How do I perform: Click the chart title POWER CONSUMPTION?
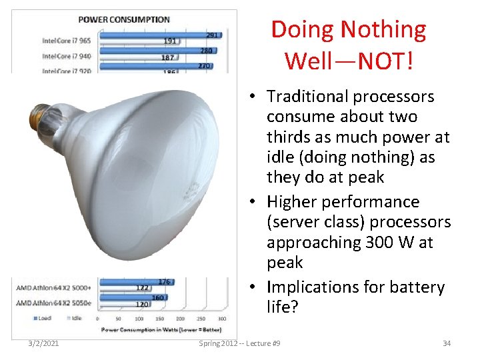(124, 19)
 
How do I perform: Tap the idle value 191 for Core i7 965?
(170, 41)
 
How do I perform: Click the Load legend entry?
(42, 319)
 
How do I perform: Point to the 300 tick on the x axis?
(221, 319)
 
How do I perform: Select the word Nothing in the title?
(383, 29)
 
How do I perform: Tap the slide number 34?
(447, 343)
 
